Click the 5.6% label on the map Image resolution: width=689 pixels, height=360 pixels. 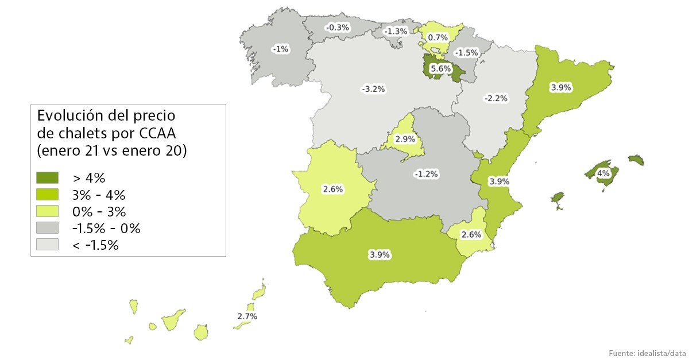440,68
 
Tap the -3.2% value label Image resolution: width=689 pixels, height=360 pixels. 373,89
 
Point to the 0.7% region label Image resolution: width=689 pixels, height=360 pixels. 438,37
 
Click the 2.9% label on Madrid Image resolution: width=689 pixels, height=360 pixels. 405,140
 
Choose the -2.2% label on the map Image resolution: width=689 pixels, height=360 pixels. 496,98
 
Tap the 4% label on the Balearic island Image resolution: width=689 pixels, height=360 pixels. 603,173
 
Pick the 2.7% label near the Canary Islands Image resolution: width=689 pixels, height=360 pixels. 247,316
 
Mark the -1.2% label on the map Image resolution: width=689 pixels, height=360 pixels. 426,173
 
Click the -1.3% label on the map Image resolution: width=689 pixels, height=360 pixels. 396,31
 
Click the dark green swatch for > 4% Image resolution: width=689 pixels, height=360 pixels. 47,177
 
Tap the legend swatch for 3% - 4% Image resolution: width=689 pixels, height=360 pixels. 47,194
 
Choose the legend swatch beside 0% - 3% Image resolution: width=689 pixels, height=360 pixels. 47,211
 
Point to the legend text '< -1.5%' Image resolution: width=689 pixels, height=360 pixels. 95,245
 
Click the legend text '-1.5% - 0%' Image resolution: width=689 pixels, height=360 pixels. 106,228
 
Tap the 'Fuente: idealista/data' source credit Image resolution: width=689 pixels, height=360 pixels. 647,352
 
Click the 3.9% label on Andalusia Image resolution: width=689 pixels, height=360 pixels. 380,254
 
